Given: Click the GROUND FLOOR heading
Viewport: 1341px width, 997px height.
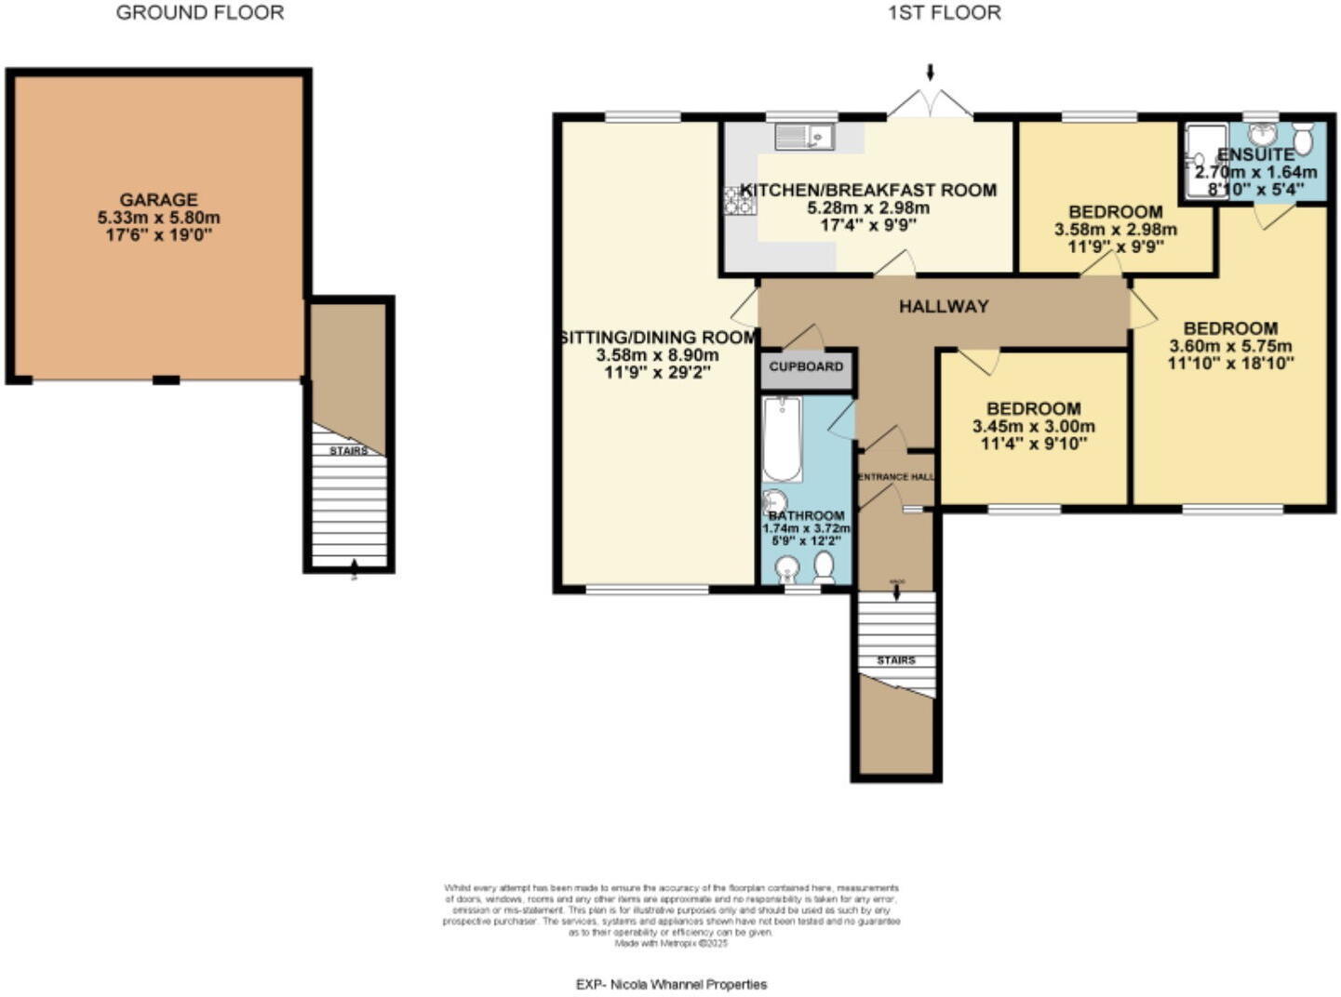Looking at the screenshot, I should pos(200,13).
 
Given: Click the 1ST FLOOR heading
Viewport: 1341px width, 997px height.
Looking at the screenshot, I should pos(945,13).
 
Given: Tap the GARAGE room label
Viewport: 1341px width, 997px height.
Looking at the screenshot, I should pos(158,200).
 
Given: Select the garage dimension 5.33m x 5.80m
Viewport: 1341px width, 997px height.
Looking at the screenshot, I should pos(158,218).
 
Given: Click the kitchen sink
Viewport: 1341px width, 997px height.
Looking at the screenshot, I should pos(806,138).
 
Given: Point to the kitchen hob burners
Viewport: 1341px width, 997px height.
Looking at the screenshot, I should pos(741,200).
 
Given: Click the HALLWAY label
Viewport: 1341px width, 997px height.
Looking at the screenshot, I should pos(944,307).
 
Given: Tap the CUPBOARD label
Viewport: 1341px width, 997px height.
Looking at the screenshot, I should pos(806,366).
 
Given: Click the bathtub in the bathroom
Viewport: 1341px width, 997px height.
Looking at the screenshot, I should pos(782,438).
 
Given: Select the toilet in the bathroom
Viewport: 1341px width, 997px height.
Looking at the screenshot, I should pos(824,565).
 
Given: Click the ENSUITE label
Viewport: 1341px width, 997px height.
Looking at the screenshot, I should pos(1255,154).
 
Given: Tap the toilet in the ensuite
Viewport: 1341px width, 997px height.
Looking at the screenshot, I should pos(1304,139).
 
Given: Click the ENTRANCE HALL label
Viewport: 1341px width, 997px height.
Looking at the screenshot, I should pos(895,477).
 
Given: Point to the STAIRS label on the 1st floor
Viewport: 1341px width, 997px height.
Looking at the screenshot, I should pos(895,660).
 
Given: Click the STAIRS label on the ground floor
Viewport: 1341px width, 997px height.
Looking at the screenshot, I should pos(348,451).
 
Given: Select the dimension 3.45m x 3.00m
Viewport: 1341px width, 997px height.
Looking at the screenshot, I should pos(1033,427).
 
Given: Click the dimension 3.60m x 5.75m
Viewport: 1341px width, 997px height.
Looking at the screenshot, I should pos(1230,346).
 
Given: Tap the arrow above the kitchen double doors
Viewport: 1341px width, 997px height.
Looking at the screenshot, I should pos(930,73).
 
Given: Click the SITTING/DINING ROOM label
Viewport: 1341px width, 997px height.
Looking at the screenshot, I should pos(658,338).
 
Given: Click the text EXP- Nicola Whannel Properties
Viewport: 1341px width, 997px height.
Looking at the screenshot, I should pos(671,984).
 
